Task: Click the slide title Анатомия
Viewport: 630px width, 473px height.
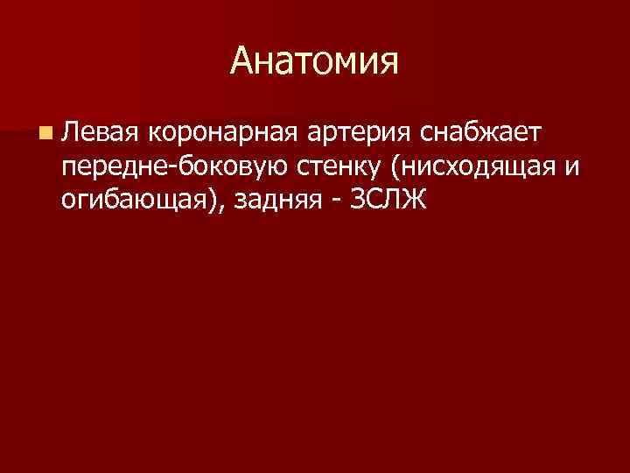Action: tap(315, 60)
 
